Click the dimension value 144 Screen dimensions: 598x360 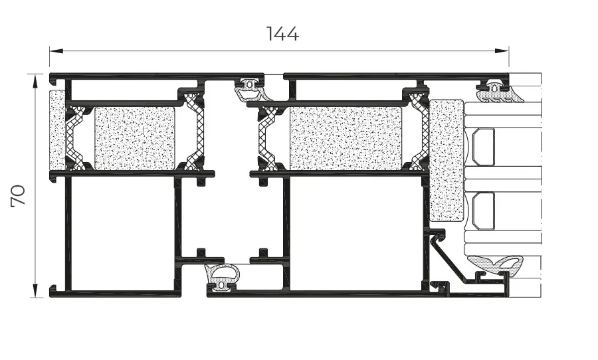[x=282, y=34]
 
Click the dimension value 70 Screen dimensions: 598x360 [x=18, y=196]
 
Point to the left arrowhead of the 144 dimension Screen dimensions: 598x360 [x=56, y=50]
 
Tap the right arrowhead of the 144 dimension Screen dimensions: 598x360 [x=502, y=50]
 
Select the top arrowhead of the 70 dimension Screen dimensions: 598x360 [x=35, y=81]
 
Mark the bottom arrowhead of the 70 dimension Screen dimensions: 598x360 [x=35, y=290]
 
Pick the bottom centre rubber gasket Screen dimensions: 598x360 [x=222, y=277]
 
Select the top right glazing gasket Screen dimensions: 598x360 [x=499, y=92]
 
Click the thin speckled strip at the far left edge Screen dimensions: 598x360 [x=57, y=130]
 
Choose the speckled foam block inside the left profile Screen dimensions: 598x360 [x=135, y=138]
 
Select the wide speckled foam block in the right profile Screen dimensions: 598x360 [x=346, y=138]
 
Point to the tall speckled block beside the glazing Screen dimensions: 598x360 [x=447, y=161]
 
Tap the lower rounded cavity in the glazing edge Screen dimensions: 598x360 [x=484, y=211]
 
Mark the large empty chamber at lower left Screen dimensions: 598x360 [x=123, y=234]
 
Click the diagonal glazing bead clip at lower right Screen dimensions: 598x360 [x=450, y=259]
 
